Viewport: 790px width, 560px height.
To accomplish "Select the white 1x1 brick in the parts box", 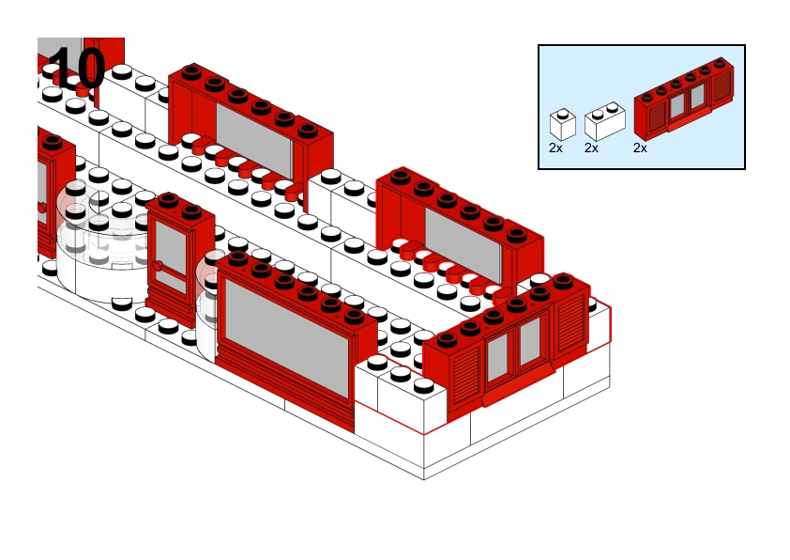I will [562, 126].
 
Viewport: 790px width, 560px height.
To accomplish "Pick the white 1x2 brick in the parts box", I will [604, 124].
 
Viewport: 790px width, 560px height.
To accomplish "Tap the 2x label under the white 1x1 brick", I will [556, 148].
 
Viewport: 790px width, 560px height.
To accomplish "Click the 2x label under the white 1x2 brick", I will [591, 148].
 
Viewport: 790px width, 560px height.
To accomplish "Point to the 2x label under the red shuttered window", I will [640, 148].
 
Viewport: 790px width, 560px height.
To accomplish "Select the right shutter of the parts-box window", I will [722, 89].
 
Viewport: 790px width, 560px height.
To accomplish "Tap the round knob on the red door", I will [159, 266].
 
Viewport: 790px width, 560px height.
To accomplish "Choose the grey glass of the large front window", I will [285, 338].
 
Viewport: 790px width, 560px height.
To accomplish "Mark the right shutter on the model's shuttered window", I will [570, 323].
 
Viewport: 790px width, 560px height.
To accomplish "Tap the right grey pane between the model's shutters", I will [530, 340].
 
